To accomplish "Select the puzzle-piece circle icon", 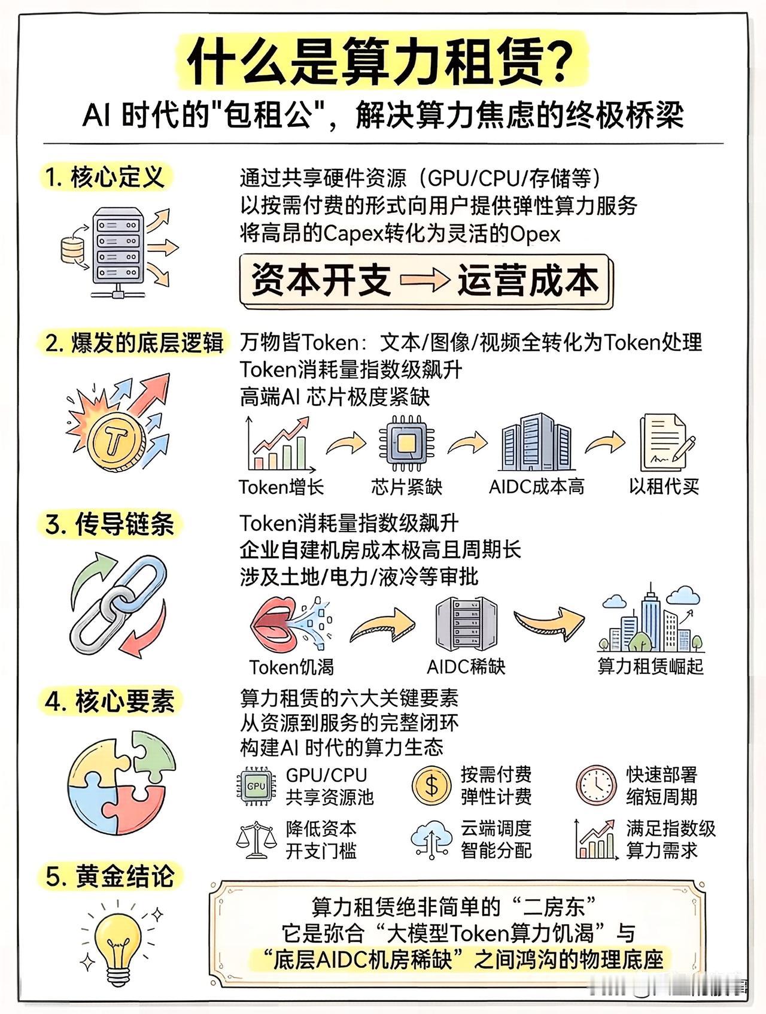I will click(x=121, y=779).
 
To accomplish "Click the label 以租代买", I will click(x=664, y=486).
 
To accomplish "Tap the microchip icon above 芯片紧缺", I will click(x=407, y=444).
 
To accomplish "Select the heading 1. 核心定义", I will click(x=105, y=178).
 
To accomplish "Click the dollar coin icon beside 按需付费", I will click(x=431, y=785).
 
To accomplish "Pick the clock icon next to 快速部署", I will click(x=596, y=785).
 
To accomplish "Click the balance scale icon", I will click(x=256, y=839).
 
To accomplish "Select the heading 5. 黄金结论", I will click(x=110, y=876).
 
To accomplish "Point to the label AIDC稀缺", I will click(x=466, y=666).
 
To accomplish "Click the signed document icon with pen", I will click(x=665, y=444).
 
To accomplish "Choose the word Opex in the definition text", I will click(x=535, y=233).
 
